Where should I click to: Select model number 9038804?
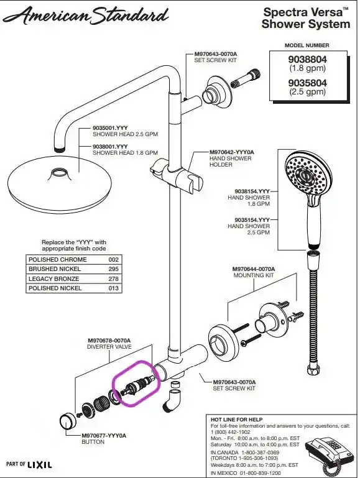point(307,59)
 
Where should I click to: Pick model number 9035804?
point(307,83)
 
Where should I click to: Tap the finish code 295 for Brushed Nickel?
point(113,269)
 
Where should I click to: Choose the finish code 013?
point(113,288)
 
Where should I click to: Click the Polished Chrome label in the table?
point(58,259)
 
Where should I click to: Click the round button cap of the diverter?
point(68,421)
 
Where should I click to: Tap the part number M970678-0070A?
point(109,340)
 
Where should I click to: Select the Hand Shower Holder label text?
point(231,161)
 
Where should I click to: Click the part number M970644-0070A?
point(254,269)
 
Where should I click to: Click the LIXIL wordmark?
point(40,464)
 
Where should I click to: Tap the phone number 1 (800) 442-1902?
point(230,432)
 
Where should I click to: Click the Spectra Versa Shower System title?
point(306,18)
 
